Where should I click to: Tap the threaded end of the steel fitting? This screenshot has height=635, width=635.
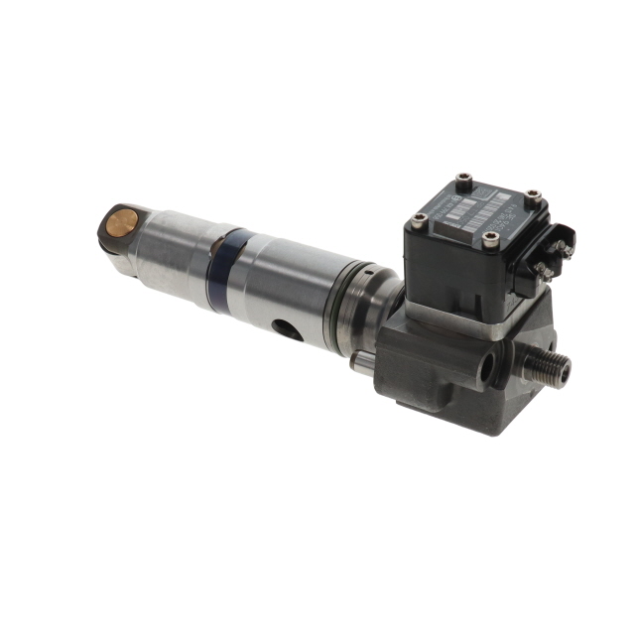[557, 370]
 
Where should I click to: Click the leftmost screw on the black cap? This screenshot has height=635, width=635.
[419, 219]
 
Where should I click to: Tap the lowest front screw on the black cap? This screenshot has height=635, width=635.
[489, 238]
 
